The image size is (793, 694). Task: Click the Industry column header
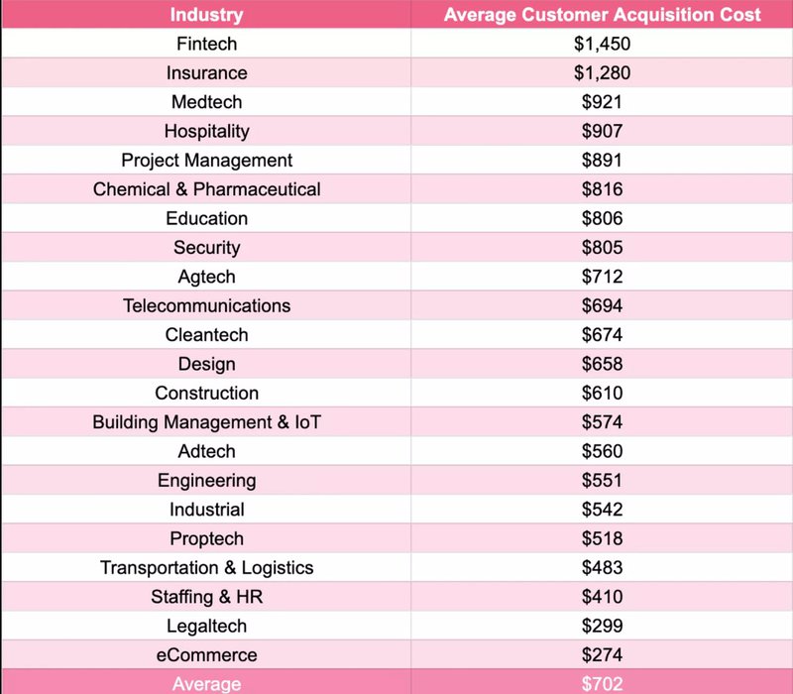(206, 15)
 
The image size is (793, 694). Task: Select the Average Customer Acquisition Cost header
(602, 15)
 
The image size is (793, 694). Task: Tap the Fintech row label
(206, 44)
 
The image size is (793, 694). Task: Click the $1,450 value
(602, 44)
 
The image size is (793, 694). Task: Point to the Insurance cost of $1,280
(602, 73)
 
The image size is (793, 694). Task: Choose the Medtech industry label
(206, 102)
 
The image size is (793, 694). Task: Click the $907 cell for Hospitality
(602, 131)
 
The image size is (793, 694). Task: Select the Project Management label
(206, 161)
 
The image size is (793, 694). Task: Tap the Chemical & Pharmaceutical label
(206, 189)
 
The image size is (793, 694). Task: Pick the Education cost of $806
(602, 218)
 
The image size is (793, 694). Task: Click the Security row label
(206, 248)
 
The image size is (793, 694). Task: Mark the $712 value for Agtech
(602, 277)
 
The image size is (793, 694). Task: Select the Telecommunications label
(206, 305)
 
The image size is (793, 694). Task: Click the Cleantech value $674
(602, 335)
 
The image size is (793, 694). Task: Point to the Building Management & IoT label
(206, 422)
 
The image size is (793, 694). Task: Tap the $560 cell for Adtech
(602, 451)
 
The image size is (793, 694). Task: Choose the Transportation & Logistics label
(206, 568)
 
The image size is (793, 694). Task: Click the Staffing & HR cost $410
(602, 597)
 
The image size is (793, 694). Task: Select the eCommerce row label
(206, 655)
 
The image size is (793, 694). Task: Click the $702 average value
(602, 683)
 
